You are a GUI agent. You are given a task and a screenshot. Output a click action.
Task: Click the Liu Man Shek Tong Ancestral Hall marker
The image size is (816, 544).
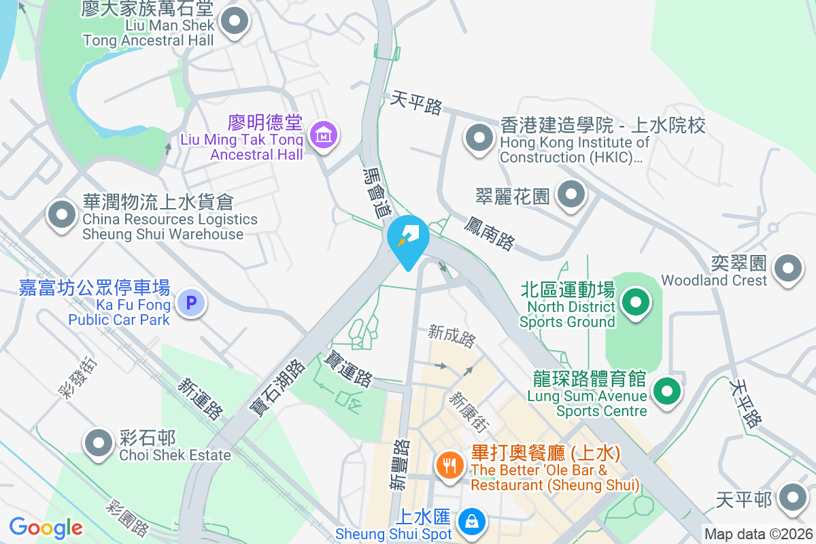[x=235, y=20]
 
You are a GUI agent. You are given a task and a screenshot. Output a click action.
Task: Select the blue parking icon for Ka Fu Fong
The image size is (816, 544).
[x=191, y=303]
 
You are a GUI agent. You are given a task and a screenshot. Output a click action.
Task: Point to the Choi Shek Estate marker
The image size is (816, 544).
[x=99, y=443]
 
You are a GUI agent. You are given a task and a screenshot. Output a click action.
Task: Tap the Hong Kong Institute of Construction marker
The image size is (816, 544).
[x=479, y=138]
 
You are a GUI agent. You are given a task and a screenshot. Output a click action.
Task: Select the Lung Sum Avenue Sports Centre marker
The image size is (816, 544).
[x=667, y=392]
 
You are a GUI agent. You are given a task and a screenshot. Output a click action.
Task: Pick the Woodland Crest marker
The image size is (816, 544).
[x=789, y=267]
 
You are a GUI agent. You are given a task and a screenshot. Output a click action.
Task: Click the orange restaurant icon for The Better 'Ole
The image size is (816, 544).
[x=449, y=466]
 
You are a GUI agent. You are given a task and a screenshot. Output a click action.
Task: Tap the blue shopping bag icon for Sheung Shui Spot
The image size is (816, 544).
[x=470, y=522]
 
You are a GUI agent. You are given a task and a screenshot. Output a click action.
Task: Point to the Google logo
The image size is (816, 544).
[x=46, y=527]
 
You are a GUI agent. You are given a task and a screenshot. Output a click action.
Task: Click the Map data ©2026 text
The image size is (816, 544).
[x=758, y=534]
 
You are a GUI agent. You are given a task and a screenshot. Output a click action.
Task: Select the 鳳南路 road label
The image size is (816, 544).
[x=490, y=233]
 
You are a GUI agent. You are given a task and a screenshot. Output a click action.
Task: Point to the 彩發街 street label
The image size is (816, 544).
[x=78, y=377]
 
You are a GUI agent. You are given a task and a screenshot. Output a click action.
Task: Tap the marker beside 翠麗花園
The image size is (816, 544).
[x=571, y=195]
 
